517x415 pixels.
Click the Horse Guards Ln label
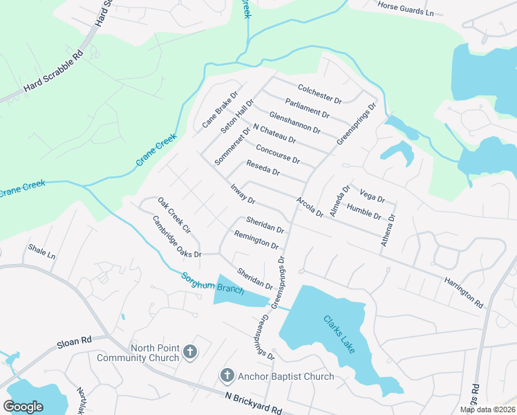(411, 8)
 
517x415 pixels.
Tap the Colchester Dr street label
(320, 94)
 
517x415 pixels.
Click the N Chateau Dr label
(274, 134)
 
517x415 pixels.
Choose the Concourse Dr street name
(278, 154)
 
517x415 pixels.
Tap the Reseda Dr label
(263, 167)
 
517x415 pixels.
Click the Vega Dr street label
(372, 194)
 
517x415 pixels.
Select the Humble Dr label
(364, 210)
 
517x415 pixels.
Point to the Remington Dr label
(256, 240)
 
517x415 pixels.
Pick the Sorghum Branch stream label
(212, 284)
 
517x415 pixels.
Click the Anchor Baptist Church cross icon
(226, 376)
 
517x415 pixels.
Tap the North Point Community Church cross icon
(191, 353)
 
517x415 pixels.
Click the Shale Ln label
(41, 250)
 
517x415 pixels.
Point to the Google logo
(23, 406)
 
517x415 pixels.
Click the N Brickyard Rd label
(254, 404)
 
